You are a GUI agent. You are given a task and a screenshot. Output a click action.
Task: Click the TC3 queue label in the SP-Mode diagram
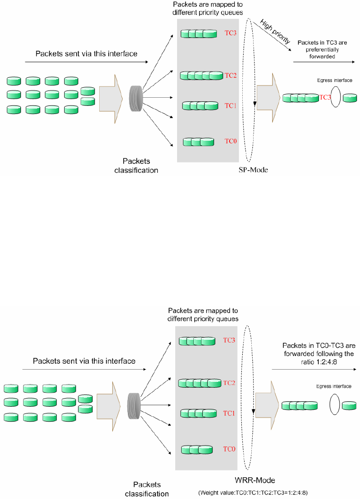(x=230, y=33)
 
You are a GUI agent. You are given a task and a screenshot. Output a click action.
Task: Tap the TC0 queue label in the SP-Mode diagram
(x=231, y=141)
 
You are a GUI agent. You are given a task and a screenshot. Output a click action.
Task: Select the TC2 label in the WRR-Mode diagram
(x=230, y=383)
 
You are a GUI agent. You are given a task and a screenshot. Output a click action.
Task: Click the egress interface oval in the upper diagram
(x=335, y=98)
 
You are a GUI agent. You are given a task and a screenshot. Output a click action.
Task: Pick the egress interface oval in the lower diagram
(x=334, y=404)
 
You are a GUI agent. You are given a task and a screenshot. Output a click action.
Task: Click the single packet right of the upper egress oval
(x=350, y=98)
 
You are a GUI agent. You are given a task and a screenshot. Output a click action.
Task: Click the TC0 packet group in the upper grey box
(x=198, y=142)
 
